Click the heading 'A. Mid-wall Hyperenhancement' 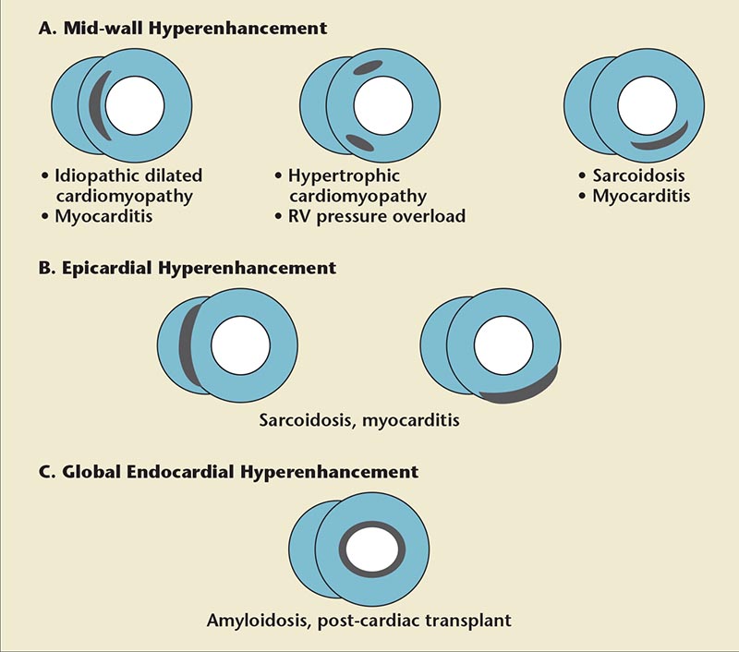182,29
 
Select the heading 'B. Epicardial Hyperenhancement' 188,269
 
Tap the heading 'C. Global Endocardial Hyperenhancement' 228,472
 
